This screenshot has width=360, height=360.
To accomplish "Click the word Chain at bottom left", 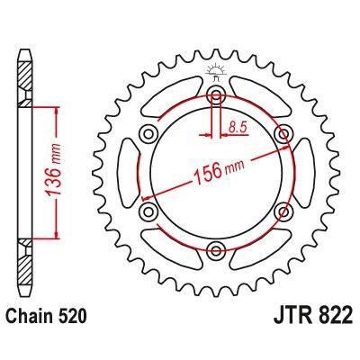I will [37, 318].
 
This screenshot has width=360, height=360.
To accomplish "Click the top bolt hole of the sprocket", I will [217, 95].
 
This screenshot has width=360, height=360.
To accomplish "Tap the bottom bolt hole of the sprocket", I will [217, 249].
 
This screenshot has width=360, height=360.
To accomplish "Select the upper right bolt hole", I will [284, 134].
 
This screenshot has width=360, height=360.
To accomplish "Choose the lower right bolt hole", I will [284, 211].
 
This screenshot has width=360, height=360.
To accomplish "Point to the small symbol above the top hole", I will [216, 72].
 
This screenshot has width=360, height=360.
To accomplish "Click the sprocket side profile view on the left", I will [24, 171].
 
